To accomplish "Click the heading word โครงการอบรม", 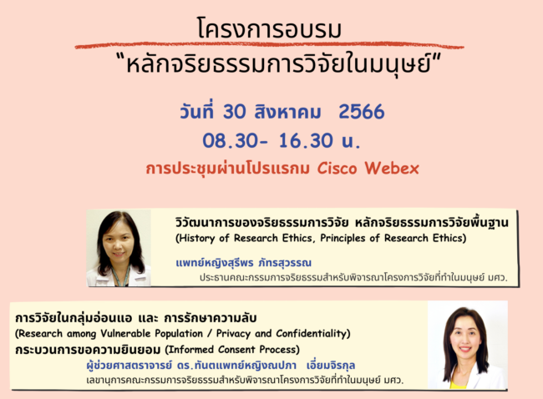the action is [x=270, y=28].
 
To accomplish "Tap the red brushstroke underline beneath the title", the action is [x=270, y=45].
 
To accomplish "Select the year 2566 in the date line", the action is [x=362, y=112].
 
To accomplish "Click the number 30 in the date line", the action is [x=235, y=112].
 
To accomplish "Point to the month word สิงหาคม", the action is [x=287, y=111].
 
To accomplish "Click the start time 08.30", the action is [x=231, y=141].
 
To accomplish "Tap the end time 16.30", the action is [x=306, y=141].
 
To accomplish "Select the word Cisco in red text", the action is [x=337, y=169].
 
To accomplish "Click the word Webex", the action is [x=392, y=169].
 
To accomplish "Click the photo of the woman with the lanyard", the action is [x=119, y=248].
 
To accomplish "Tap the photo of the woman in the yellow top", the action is [x=468, y=345].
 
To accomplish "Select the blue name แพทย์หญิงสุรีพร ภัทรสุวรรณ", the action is [x=244, y=262].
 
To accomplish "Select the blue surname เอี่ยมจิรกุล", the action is [x=331, y=365].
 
